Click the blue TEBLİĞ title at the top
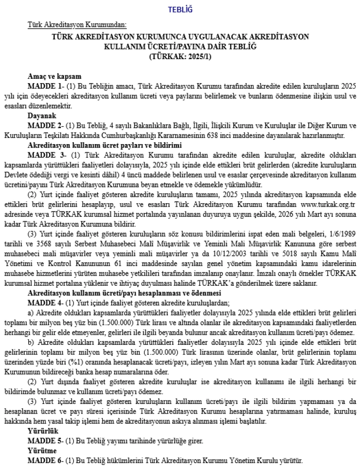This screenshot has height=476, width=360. pos(180,10)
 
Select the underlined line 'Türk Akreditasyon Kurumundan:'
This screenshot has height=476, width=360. pos(77,24)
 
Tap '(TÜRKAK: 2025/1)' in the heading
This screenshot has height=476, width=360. pos(180,56)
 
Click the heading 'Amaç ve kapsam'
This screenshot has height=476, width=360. pos(54,76)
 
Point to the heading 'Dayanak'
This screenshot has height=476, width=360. pos(42,116)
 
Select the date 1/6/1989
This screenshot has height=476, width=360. pos(342,234)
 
